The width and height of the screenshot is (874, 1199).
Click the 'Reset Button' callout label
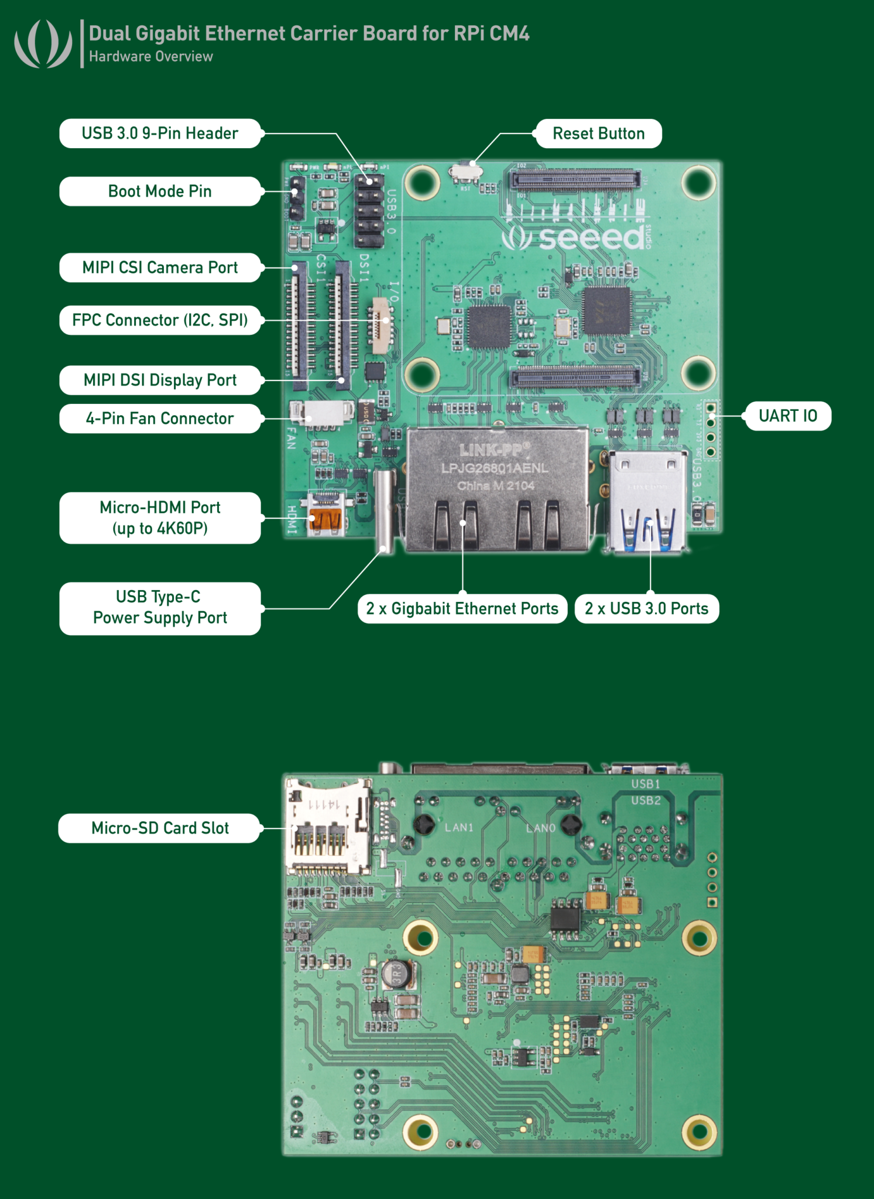coord(598,133)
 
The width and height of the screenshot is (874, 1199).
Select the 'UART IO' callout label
coord(787,416)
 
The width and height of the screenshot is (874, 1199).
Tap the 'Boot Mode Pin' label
coord(160,191)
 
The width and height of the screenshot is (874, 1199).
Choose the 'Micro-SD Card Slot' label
coord(160,828)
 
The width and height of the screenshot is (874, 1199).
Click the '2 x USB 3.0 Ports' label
coord(646,609)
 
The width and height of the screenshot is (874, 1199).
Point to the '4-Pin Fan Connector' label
coord(160,419)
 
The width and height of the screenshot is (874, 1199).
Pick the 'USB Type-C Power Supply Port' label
coord(160,608)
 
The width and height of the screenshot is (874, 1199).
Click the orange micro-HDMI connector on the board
coord(325,520)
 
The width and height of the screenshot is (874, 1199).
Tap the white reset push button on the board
coord(466,172)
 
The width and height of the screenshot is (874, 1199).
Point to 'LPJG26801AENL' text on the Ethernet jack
coord(495,468)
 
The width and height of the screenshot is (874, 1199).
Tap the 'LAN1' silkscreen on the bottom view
coord(458,827)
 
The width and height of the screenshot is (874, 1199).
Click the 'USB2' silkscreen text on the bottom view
coord(646,800)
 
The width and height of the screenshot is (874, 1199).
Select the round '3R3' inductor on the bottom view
coord(397,974)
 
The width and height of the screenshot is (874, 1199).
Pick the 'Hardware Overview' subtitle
coord(151,57)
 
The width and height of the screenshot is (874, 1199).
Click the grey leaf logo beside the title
coord(43,44)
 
